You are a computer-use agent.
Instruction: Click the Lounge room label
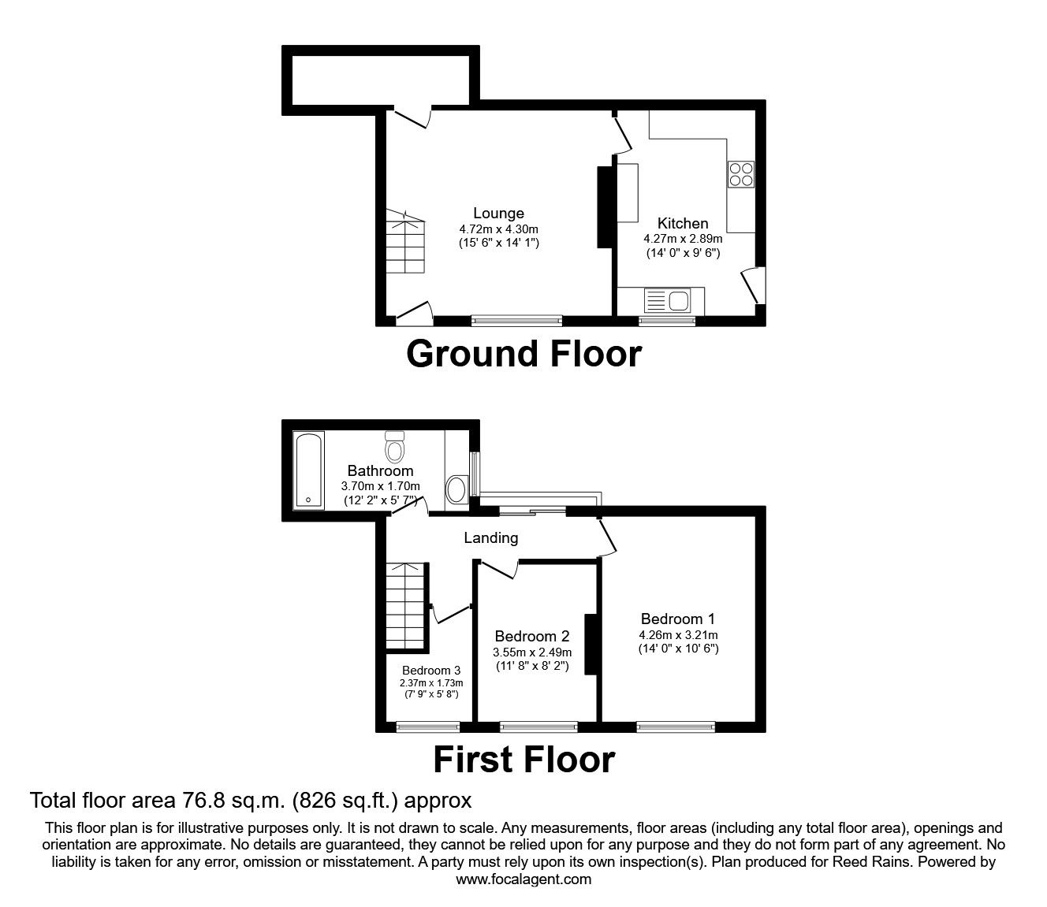(x=498, y=214)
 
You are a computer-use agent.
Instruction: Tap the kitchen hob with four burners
(x=741, y=174)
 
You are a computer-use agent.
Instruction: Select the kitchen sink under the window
(x=666, y=299)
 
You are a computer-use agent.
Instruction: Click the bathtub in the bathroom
(x=308, y=468)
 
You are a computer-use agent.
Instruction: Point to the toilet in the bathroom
(x=394, y=447)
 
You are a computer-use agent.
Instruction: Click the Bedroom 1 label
(x=677, y=619)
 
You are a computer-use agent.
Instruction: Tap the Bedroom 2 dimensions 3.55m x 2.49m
(x=532, y=652)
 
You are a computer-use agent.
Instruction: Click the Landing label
(x=490, y=537)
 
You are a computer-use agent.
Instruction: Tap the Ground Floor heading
(x=523, y=354)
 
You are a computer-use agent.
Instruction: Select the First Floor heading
(x=523, y=760)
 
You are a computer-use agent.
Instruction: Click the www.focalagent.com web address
(x=523, y=879)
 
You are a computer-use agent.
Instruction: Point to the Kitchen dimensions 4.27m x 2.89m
(x=683, y=239)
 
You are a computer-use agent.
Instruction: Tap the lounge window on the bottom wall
(x=517, y=321)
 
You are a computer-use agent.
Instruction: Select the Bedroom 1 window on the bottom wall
(x=676, y=727)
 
